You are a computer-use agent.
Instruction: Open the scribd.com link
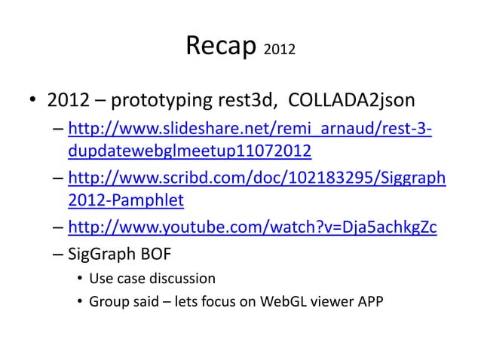[256, 179]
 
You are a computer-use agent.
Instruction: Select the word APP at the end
[367, 303]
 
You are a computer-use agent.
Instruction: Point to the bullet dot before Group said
[79, 303]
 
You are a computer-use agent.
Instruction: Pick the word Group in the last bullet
[108, 303]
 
